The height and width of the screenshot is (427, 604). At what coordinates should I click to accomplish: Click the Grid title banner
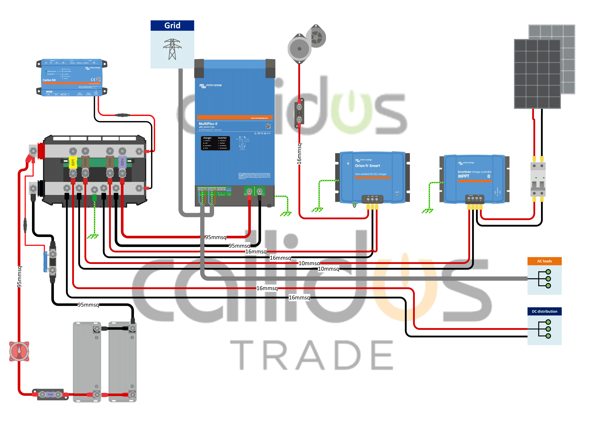172,26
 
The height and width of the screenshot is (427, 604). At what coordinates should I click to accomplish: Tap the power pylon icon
172,49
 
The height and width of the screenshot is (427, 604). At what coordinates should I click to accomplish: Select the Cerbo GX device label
49,80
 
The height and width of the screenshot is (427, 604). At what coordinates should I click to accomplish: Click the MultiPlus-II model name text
208,124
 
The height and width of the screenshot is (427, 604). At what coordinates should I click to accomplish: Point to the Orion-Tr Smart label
367,166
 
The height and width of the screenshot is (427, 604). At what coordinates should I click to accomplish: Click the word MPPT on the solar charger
464,176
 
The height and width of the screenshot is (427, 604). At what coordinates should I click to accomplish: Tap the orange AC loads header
544,261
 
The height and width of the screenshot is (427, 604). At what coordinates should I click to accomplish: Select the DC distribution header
544,311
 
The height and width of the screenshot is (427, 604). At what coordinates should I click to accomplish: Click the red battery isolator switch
19,351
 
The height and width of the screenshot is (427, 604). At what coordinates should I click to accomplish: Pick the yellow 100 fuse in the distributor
73,162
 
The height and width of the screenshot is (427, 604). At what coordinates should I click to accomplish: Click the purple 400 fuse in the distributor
122,162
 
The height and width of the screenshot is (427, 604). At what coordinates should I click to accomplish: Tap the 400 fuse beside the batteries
50,394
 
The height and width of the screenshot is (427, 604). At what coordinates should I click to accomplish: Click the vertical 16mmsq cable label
299,154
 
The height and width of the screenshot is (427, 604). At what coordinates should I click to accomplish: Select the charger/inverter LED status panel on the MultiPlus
215,143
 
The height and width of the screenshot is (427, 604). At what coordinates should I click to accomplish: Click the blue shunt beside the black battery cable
45,262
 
